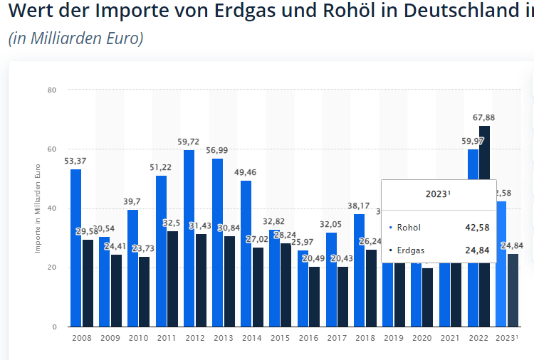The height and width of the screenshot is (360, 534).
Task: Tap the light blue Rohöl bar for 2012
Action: pos(189,238)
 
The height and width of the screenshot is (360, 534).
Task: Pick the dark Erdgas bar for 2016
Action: pos(314,297)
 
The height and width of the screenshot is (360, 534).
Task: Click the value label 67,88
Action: pos(484,118)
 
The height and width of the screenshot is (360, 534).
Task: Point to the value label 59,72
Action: pos(189,142)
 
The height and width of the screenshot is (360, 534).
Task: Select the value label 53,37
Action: pos(75,161)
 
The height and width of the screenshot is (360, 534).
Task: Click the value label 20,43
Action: pos(342,258)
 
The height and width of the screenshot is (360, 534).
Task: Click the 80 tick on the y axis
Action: pos(53,90)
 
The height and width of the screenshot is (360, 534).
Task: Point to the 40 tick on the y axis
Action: pos(53,208)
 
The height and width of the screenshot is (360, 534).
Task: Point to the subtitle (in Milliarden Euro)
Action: pos(76,38)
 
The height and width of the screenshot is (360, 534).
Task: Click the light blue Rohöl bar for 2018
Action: pos(359,270)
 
